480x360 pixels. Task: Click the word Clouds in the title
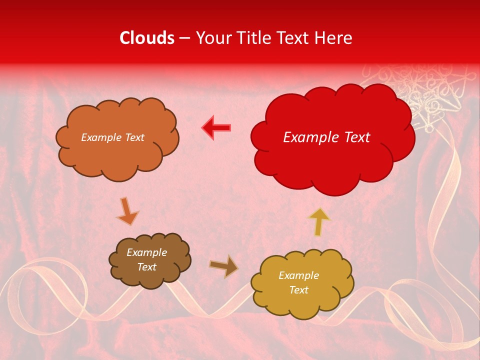click(x=147, y=38)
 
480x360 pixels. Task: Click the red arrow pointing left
click(x=216, y=127)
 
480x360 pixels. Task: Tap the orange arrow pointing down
click(x=127, y=211)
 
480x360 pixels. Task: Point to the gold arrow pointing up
click(x=319, y=221)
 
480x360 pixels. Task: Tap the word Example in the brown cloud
click(x=146, y=252)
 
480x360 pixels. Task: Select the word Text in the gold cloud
click(x=298, y=290)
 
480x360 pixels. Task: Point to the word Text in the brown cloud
click(x=146, y=267)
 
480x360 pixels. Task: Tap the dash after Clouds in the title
click(x=184, y=38)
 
